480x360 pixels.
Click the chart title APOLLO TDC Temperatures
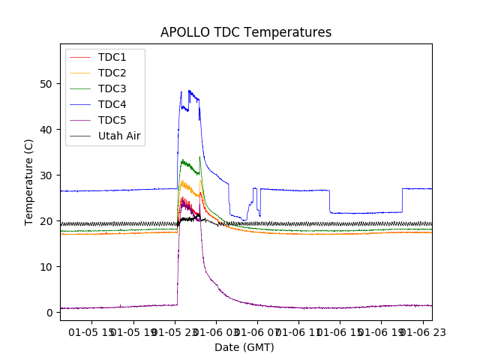[246, 32]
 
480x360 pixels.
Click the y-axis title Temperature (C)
[29, 182]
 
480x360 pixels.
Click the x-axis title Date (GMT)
[244, 347]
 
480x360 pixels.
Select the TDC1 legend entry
[112, 57]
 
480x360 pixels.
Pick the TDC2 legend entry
[112, 73]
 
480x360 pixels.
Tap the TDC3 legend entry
[112, 88]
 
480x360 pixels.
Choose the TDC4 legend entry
[112, 104]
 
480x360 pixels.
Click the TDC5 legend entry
[112, 120]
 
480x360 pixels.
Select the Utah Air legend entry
[119, 136]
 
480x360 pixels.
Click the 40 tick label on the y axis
[46, 130]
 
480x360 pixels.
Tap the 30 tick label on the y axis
[46, 175]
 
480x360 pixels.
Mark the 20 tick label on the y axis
[46, 221]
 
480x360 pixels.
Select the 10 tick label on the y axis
[46, 267]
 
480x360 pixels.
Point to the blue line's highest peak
[189, 91]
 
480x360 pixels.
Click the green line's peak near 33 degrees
[182, 160]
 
